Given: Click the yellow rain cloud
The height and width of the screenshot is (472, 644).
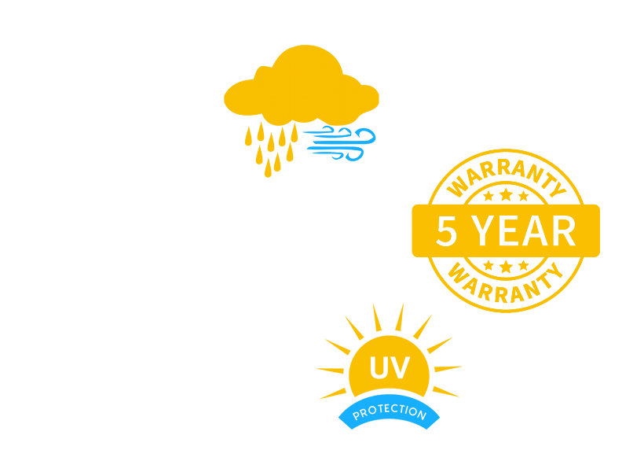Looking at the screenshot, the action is point(301,87).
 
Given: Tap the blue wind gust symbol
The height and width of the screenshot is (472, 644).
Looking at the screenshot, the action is point(339,144).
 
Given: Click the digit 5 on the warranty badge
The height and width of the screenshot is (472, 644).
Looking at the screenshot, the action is point(447,230).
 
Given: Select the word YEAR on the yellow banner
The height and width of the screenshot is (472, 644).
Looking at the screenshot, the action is point(523,230).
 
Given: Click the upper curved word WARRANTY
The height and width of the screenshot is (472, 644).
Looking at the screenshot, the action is point(506,175).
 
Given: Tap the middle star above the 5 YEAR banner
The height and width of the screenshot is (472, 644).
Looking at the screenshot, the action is point(506,194).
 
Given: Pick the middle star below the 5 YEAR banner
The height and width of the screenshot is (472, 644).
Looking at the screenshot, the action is point(506,266).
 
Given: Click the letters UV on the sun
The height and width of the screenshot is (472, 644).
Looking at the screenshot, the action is point(390,367).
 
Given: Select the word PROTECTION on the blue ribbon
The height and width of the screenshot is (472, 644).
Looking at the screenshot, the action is point(390,411).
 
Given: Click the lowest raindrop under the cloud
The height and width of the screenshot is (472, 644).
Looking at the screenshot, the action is point(268,168).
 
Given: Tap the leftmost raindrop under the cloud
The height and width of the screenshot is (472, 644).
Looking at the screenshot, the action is point(248,136).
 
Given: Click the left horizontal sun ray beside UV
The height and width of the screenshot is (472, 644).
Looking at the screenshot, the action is point(330,371).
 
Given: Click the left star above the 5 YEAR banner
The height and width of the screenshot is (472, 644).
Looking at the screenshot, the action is point(488,196).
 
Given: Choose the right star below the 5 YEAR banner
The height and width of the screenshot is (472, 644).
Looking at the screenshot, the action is point(523,265).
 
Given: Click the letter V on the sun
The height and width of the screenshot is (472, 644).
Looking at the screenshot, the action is point(401,367).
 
